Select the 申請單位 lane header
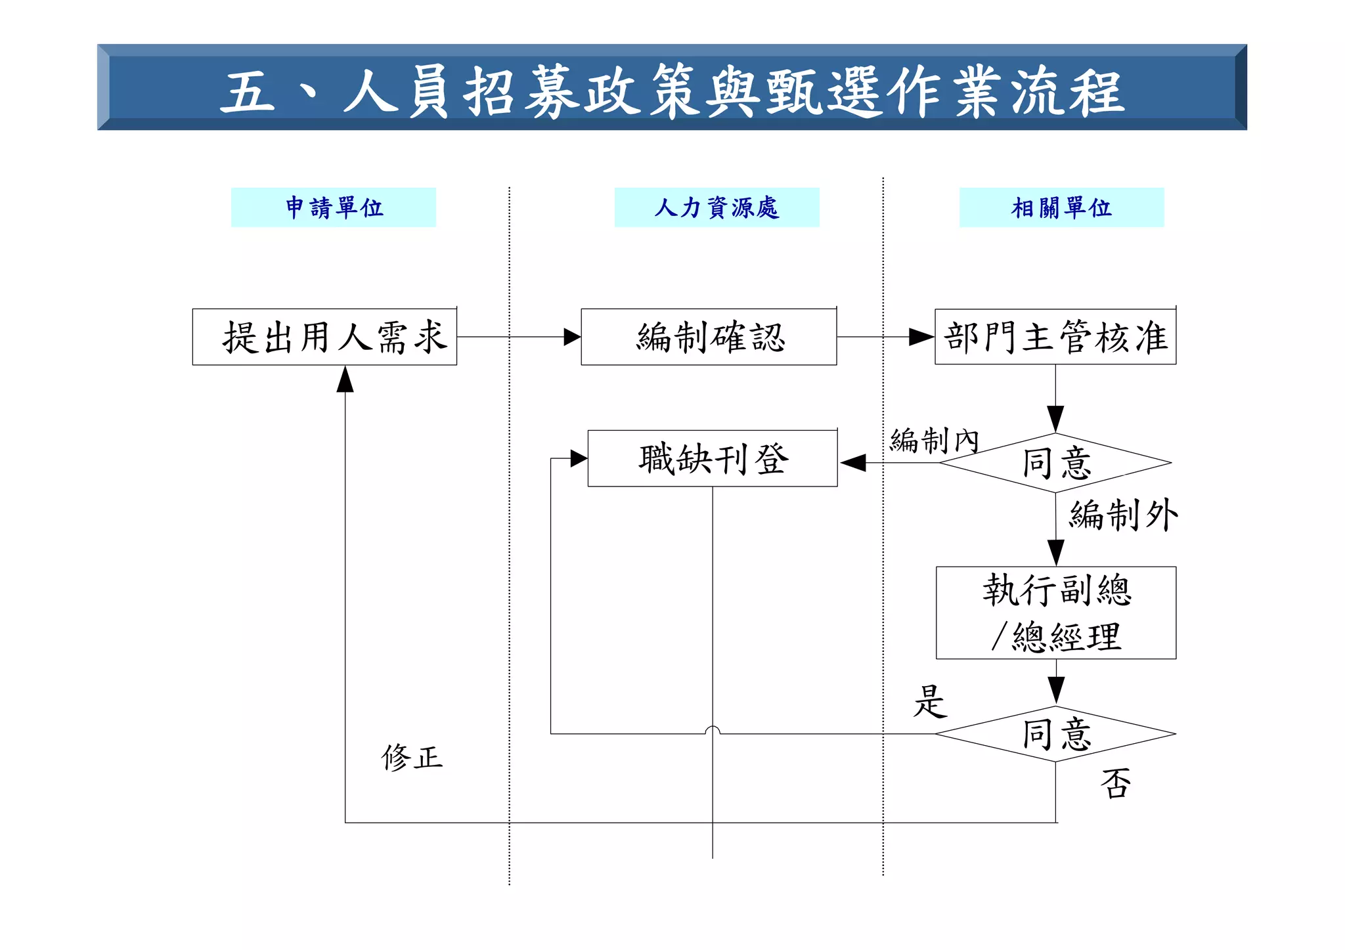coord(334,207)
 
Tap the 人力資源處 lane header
coord(717,207)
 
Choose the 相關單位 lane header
coord(1061,207)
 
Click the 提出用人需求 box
coord(324,337)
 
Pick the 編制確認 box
coord(709,337)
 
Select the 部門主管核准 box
coord(1055,337)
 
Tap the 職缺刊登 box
coord(713,458)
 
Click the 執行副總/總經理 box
coord(1055,613)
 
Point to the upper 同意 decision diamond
coord(1055,463)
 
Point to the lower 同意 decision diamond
coord(1055,734)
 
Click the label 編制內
coord(934,440)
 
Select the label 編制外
coord(1123,515)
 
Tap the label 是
coord(930,701)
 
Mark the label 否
coord(1116,783)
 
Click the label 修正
coord(412,758)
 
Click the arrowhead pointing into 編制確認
coord(572,337)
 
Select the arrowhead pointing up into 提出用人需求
coord(345,379)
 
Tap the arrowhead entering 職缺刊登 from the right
coord(852,463)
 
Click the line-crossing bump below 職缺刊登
coord(713,729)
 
